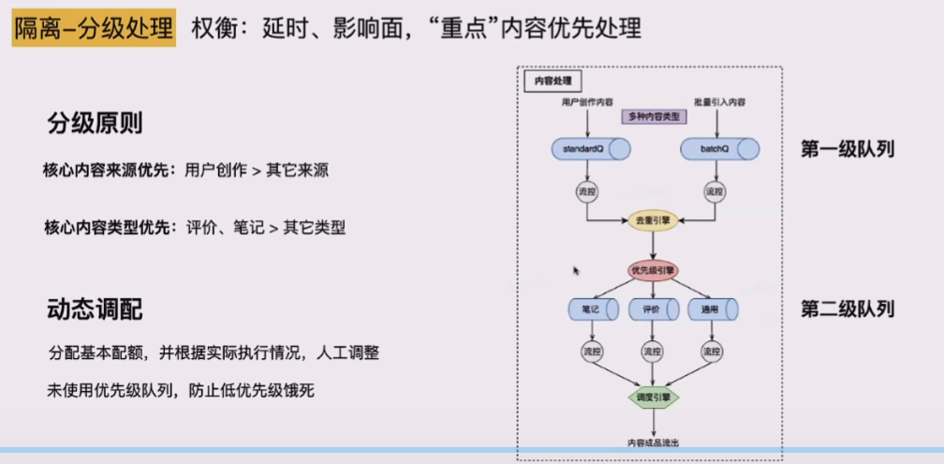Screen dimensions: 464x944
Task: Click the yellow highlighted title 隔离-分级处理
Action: coord(94,28)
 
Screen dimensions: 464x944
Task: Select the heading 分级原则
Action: coord(95,124)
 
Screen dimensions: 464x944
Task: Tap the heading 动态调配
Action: coord(95,309)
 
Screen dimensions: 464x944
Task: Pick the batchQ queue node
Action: coord(718,148)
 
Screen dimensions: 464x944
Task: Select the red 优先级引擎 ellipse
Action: coord(653,270)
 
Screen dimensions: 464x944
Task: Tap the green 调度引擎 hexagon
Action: coord(653,397)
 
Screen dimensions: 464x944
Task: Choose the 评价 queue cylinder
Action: coord(653,307)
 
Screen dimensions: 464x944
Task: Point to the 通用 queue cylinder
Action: coord(713,307)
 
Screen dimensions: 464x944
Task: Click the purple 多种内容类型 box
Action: coord(654,116)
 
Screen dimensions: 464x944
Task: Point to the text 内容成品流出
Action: coord(653,442)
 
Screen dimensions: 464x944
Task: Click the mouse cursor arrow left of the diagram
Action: coord(576,270)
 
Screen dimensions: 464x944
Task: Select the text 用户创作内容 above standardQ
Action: coord(587,101)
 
